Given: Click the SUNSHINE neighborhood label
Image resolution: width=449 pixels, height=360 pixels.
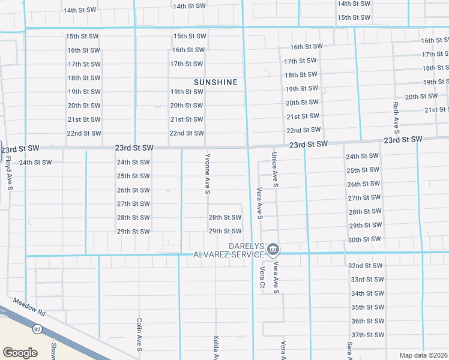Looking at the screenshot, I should (215, 82).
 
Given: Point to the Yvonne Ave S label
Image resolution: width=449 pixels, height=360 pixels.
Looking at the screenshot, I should (207, 174).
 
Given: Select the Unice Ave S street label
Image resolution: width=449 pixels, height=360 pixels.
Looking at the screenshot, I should (274, 169).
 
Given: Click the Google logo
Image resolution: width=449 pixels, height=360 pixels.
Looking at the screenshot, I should (20, 353).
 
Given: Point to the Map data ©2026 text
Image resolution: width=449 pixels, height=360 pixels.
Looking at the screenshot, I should (423, 355).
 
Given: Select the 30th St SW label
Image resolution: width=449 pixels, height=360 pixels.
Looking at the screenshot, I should (364, 239).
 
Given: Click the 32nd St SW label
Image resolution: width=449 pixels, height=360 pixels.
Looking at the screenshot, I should (366, 266).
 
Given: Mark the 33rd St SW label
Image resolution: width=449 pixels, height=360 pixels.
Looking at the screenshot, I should (366, 280).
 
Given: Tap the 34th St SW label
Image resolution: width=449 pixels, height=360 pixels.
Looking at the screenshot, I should (366, 293).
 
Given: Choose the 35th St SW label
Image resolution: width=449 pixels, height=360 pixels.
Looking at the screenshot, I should (366, 307).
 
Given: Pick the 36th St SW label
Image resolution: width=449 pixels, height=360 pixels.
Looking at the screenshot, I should (366, 321).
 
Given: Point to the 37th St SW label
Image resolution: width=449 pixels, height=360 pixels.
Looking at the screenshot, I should (366, 335).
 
